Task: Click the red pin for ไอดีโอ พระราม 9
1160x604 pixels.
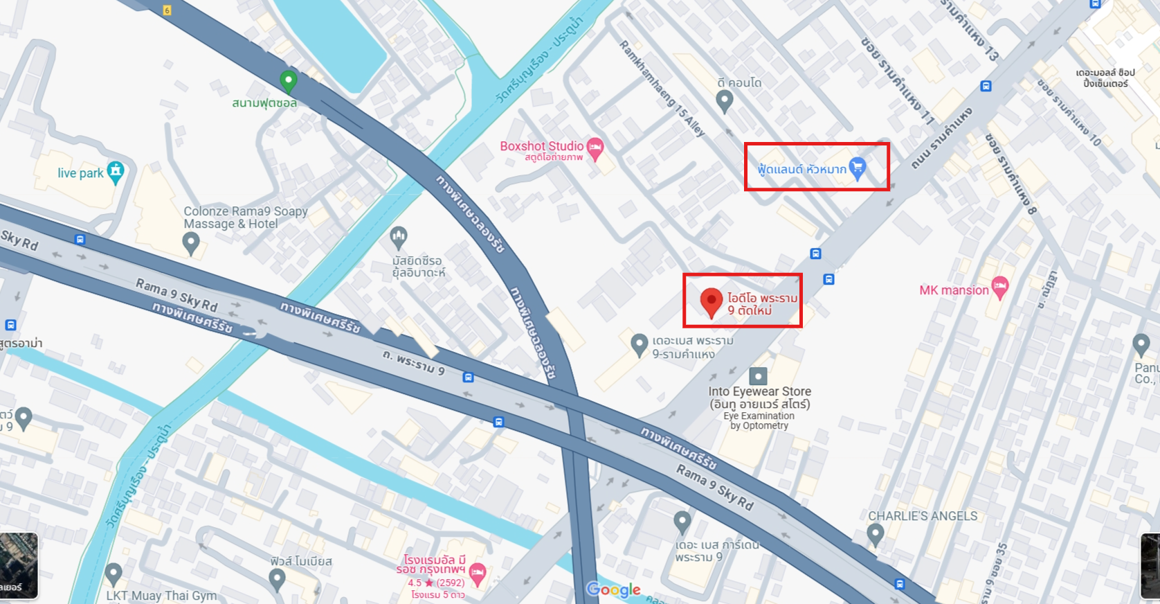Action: [711, 302]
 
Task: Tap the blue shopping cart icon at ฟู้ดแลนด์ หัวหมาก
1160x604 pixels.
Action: [857, 168]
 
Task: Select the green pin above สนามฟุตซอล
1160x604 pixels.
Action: [288, 81]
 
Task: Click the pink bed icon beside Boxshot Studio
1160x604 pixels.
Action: [595, 147]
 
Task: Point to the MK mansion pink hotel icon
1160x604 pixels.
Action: [999, 287]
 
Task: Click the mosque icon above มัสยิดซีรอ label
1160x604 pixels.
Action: [398, 238]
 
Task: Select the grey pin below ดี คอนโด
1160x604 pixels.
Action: [724, 101]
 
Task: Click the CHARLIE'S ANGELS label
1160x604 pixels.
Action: [923, 516]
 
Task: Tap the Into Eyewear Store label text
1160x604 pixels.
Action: [759, 392]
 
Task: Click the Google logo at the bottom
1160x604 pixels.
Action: [613, 589]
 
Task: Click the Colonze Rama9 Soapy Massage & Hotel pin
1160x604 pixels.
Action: [191, 242]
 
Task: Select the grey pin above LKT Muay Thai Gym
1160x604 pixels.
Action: [114, 574]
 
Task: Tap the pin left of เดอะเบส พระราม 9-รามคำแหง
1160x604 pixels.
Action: [639, 344]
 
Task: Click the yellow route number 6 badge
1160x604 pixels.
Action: [167, 10]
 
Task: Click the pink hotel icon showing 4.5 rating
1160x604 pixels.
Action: [477, 573]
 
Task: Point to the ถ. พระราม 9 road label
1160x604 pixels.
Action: [414, 362]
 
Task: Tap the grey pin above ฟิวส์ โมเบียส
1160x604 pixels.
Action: [277, 579]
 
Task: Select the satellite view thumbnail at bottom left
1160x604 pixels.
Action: [18, 565]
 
